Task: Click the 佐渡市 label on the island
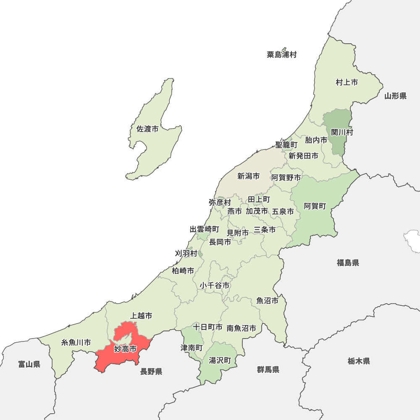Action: click(148, 129)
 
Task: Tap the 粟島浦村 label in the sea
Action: click(281, 55)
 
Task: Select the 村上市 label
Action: click(347, 83)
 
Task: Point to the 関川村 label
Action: click(342, 133)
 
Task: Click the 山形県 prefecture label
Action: click(395, 96)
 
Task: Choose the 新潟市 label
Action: click(248, 176)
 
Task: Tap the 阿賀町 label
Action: click(315, 206)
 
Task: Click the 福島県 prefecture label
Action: click(348, 263)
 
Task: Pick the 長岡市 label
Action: click(220, 242)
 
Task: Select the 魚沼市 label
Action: click(268, 301)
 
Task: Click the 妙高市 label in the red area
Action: click(125, 349)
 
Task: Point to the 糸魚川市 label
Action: click(76, 343)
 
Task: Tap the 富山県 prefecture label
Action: click(29, 364)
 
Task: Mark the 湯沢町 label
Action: click(220, 360)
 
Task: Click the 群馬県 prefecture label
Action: click(268, 370)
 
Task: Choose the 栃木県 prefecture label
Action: click(359, 361)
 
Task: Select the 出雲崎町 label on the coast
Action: click(204, 229)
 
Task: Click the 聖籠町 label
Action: click(286, 145)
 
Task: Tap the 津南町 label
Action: click(192, 348)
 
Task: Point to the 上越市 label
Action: click(141, 315)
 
